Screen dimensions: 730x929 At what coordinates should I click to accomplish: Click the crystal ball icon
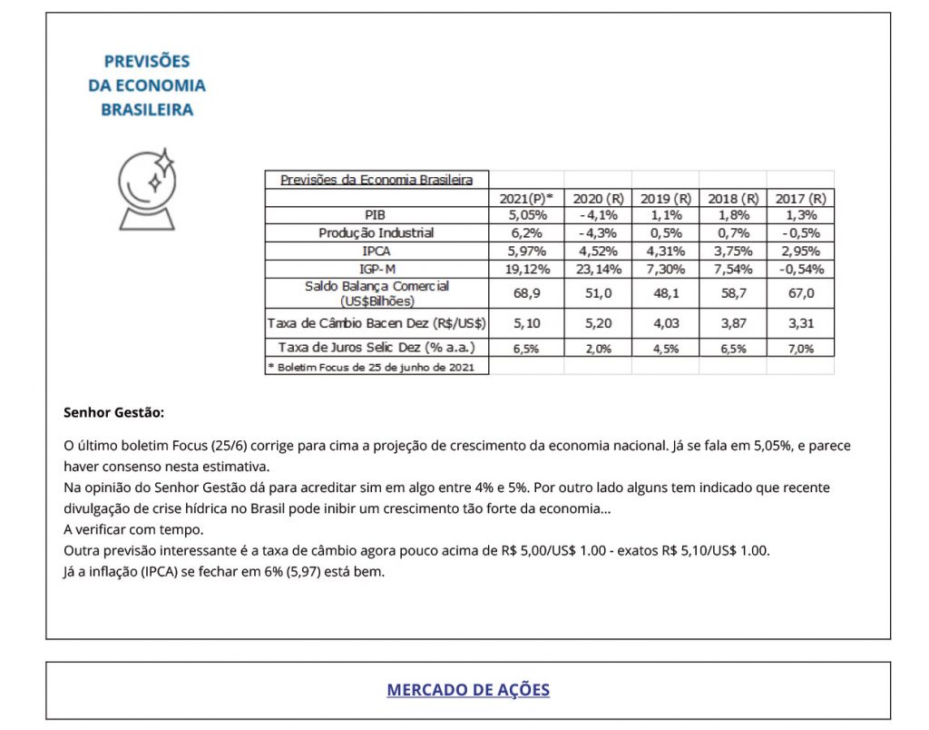(147, 188)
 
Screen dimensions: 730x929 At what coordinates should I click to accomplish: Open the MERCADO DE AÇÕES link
(468, 689)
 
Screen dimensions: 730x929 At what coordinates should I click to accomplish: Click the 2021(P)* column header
(526, 198)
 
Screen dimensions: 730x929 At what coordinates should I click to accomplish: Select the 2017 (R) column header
(800, 198)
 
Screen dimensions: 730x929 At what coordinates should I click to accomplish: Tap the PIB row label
(376, 215)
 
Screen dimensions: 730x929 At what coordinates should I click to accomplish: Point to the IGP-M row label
(376, 269)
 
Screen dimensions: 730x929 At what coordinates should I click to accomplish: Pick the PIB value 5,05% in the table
(526, 215)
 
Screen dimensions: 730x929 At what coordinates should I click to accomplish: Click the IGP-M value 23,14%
(598, 269)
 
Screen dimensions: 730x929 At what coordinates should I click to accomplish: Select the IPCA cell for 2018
(733, 252)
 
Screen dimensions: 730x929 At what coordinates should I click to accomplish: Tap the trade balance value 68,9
(526, 292)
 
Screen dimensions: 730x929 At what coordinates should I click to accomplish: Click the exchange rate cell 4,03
(665, 322)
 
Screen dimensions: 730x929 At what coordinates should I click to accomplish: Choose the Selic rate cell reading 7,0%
(800, 348)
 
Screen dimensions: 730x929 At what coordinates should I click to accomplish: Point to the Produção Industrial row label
(376, 233)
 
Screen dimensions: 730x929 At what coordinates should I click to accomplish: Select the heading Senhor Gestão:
(113, 412)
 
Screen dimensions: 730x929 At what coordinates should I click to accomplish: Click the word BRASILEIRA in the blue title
(147, 110)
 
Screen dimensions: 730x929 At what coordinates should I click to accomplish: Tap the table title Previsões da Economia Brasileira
(376, 180)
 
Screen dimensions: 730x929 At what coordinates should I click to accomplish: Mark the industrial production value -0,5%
(800, 233)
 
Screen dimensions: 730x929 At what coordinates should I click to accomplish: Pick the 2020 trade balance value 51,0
(598, 292)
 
